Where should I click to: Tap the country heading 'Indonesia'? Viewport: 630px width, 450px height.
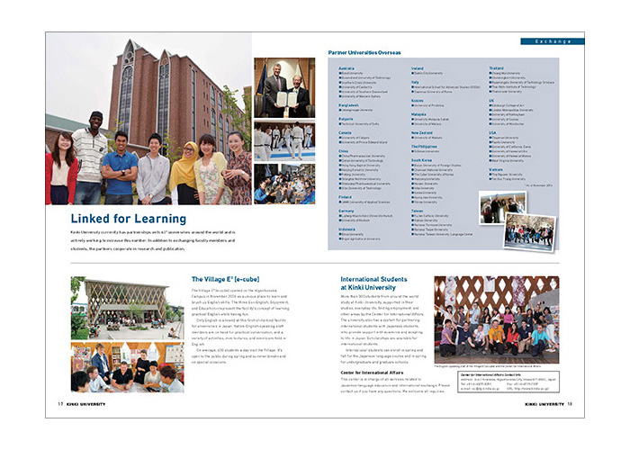tap(347, 229)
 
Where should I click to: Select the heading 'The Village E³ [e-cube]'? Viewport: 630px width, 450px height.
tap(225, 280)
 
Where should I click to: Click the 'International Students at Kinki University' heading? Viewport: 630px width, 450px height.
tap(379, 284)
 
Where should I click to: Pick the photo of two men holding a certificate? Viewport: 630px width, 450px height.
tap(283, 89)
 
